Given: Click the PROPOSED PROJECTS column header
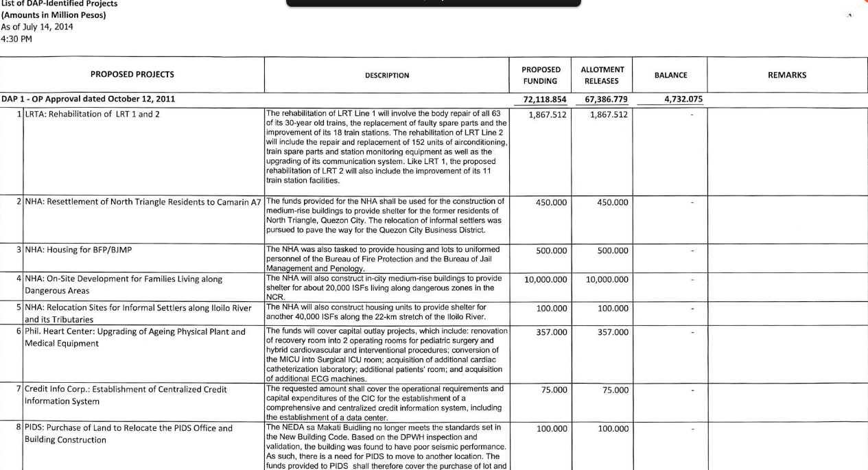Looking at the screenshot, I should pos(132,75).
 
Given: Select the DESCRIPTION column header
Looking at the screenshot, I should pos(387,75).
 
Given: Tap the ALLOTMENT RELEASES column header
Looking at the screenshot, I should pos(602,75).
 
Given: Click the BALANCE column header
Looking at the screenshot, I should pos(670,75).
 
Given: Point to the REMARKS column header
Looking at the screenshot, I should pos(787,75).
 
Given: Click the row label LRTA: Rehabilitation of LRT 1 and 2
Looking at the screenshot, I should pos(92,114).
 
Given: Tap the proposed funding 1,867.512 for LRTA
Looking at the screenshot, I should pos(548,115).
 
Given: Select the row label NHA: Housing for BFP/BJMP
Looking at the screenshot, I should pos(78,250).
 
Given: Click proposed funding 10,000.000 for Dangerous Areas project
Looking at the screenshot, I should pos(546,280).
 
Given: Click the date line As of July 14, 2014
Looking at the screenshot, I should pos(37,27).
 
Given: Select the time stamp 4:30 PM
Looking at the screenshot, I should pos(16,38).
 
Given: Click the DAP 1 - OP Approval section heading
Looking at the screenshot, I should pos(88,99).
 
